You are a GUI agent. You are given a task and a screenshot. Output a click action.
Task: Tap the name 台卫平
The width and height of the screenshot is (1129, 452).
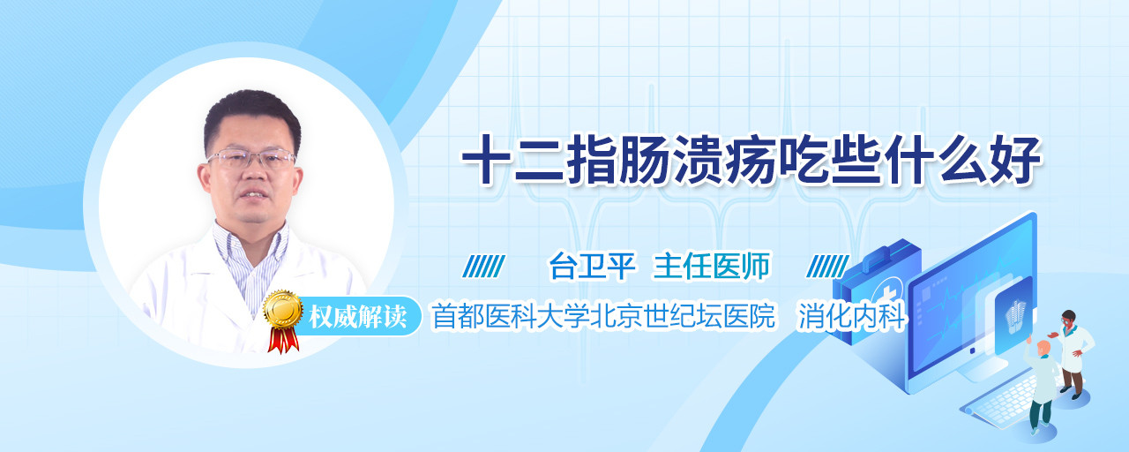(x=593, y=266)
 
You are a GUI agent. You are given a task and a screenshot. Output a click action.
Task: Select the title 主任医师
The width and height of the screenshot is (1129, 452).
(x=712, y=266)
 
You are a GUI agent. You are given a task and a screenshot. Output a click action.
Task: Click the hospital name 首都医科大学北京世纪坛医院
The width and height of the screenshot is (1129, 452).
(x=603, y=316)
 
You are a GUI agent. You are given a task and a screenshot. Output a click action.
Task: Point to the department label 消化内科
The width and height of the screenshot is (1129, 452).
(x=852, y=316)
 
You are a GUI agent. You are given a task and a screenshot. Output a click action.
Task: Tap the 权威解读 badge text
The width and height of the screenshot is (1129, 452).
(x=358, y=317)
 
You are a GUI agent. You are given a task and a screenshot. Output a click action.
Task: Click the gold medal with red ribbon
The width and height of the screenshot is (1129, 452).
(x=283, y=320)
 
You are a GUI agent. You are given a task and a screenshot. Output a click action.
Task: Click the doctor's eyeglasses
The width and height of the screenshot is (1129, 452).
(x=251, y=158)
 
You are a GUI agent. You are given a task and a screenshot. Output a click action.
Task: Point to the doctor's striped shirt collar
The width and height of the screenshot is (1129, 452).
(x=250, y=252)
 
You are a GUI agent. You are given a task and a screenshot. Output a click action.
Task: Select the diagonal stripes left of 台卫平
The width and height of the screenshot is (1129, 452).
(x=484, y=267)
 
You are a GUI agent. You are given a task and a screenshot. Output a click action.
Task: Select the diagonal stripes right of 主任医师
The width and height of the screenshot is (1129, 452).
(x=827, y=267)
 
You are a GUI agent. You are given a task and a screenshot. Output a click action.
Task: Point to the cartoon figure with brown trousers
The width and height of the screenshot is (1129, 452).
(x=1073, y=353)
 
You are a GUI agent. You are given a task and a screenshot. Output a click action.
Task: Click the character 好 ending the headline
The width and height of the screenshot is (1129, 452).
(x=1015, y=160)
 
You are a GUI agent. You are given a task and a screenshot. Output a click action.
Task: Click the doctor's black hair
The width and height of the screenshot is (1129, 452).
(x=252, y=115)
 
